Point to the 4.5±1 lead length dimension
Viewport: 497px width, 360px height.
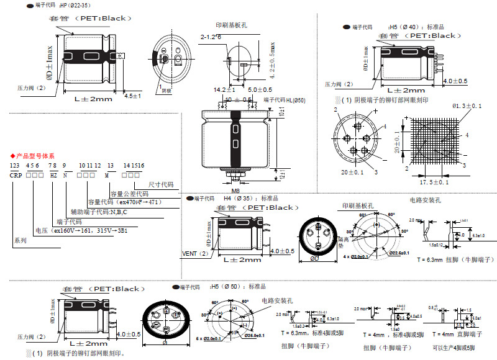(x=133, y=96)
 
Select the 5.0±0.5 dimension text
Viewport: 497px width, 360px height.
(x=251, y=89)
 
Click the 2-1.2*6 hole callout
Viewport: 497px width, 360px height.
(x=211, y=37)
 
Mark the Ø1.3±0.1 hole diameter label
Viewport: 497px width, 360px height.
(x=467, y=106)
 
